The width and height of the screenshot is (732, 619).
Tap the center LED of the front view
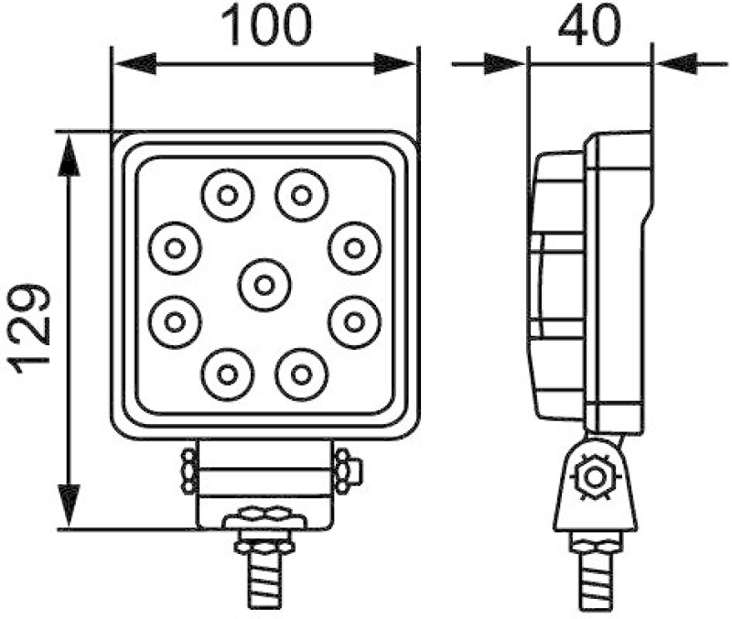tap(264, 285)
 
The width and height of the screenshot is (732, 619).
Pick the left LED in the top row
tap(227, 195)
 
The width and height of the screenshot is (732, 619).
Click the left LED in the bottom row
tap(227, 374)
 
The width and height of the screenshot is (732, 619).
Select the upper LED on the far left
tap(176, 248)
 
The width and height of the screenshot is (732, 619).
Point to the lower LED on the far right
tap(353, 320)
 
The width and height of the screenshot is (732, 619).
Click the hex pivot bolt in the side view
tap(596, 477)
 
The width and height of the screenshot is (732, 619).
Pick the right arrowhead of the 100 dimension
tap(397, 64)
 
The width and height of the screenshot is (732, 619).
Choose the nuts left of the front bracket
tap(188, 471)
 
